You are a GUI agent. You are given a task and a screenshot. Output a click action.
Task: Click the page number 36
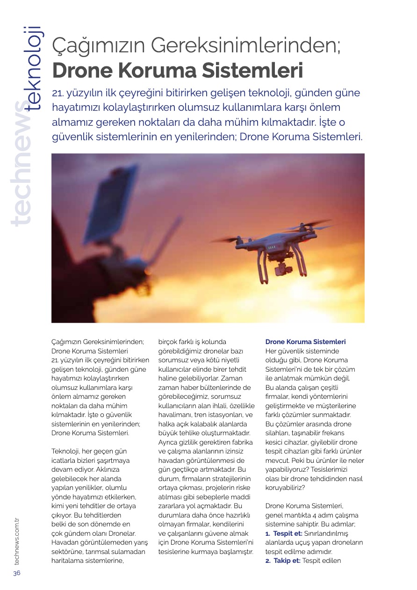point(17,573)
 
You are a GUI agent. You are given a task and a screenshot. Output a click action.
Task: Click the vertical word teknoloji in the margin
point(34,68)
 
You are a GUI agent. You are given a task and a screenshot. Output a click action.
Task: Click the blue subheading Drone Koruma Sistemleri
point(305,342)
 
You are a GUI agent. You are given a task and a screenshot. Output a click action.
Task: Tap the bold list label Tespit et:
point(288,533)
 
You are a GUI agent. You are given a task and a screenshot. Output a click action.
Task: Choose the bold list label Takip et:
point(287,561)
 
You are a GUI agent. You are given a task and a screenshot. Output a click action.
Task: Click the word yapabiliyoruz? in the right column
point(286,469)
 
